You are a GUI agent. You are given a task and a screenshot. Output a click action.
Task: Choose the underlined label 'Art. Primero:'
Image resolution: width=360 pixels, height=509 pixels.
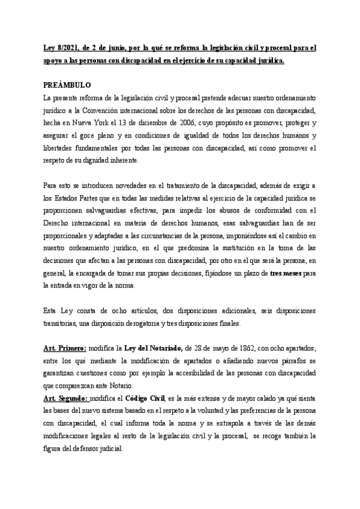coord(65,349)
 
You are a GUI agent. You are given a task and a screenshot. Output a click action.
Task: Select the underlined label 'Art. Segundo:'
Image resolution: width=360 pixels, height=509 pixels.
coord(66,397)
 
